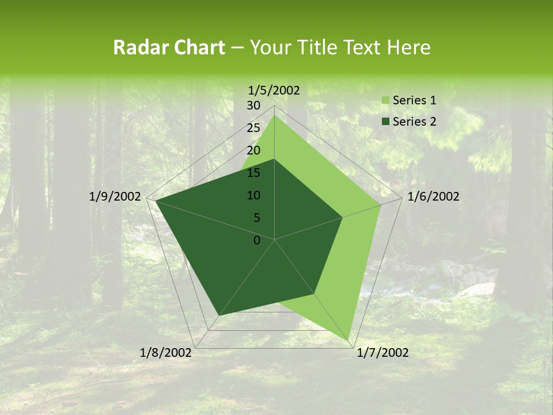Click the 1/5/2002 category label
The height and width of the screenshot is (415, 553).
(274, 90)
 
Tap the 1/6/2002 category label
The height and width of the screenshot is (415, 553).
(433, 197)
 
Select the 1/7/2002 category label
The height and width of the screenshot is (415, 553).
(382, 353)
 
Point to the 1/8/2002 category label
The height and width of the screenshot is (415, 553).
(166, 353)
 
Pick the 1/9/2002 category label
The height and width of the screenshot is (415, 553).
(115, 197)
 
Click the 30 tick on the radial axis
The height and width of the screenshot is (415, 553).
(253, 105)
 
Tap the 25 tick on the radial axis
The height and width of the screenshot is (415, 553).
(253, 128)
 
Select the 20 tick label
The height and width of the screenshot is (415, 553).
(253, 150)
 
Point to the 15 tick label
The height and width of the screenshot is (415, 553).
(253, 173)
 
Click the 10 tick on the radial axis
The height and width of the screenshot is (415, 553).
(253, 195)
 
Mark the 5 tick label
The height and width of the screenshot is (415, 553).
(256, 218)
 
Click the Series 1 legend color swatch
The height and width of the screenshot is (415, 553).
(385, 101)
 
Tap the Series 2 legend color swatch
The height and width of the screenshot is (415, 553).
(385, 122)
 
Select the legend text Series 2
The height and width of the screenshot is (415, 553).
(414, 122)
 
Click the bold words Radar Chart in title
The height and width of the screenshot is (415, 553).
(169, 48)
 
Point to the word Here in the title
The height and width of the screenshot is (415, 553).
(409, 48)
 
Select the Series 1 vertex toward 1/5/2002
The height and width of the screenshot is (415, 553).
(275, 115)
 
